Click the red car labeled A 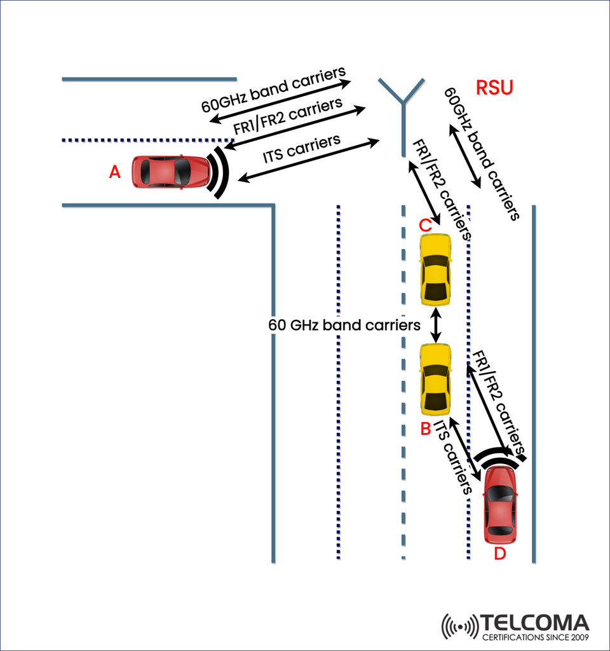pos(171,172)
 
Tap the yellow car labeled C pos(436,270)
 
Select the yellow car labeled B pos(436,379)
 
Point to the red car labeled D pos(499,505)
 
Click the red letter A pos(114,172)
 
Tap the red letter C pos(425,224)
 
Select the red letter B pos(426,429)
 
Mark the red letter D pos(500,554)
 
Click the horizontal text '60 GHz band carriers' pos(344,325)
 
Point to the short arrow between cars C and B pos(436,325)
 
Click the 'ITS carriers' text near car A pos(302,151)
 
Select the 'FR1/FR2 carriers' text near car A pos(288,116)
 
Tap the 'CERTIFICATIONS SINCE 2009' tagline pos(534,637)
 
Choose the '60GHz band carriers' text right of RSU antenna pos(483,153)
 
